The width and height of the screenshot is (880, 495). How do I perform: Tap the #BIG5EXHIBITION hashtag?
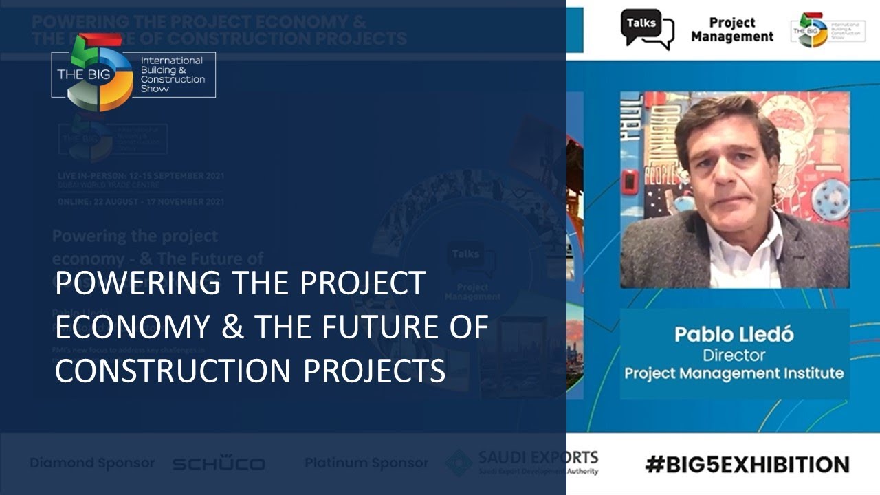point(747,464)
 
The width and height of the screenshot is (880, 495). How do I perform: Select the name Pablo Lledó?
point(734,335)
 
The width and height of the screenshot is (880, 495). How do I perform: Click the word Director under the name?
point(734,355)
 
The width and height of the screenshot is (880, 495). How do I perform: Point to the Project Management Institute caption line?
point(734,373)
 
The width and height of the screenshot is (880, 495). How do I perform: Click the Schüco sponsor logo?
point(218,464)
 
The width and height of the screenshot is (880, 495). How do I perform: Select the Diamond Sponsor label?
point(92,463)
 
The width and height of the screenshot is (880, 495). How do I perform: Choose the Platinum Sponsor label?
point(366,463)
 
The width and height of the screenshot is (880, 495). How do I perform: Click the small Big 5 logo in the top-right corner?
point(813,30)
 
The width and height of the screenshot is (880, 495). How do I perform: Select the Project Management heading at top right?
point(731,30)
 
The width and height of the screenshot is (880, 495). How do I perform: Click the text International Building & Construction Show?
point(173,74)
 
